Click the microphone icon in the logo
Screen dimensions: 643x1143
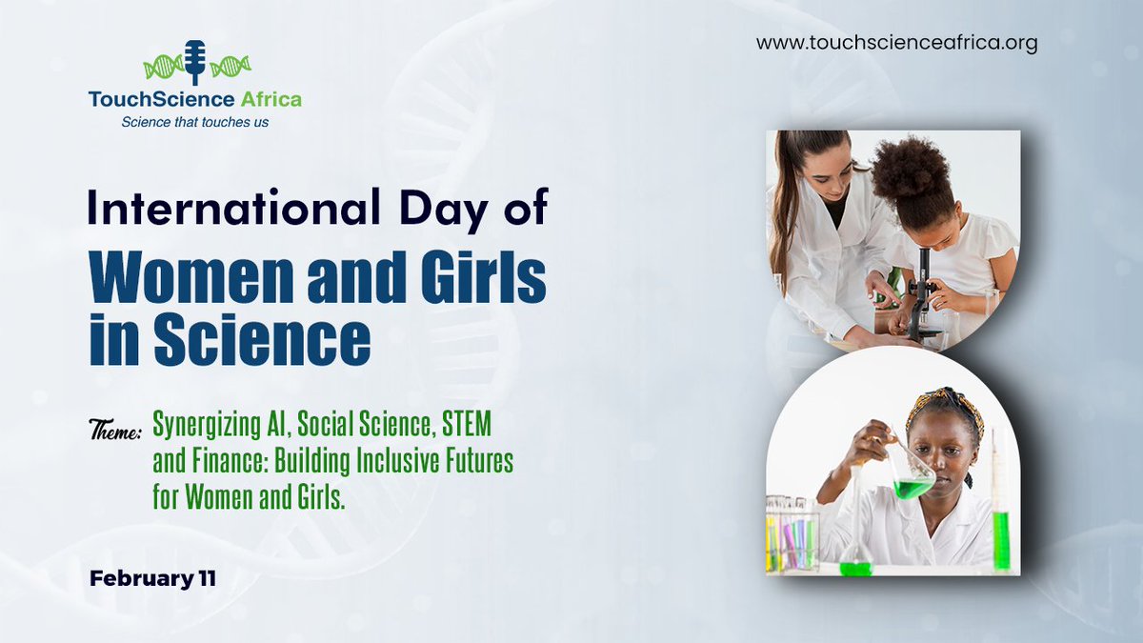[x=195, y=62]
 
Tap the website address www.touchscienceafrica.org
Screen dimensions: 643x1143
[x=896, y=44]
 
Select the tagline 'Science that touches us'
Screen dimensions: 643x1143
[x=195, y=121]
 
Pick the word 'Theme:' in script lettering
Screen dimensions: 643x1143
[x=115, y=432]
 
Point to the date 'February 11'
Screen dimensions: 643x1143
[x=152, y=577]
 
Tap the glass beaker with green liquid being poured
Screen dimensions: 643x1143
[x=912, y=472]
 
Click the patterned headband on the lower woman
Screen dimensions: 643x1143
[x=943, y=405]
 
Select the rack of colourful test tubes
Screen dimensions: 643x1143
[x=792, y=535]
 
